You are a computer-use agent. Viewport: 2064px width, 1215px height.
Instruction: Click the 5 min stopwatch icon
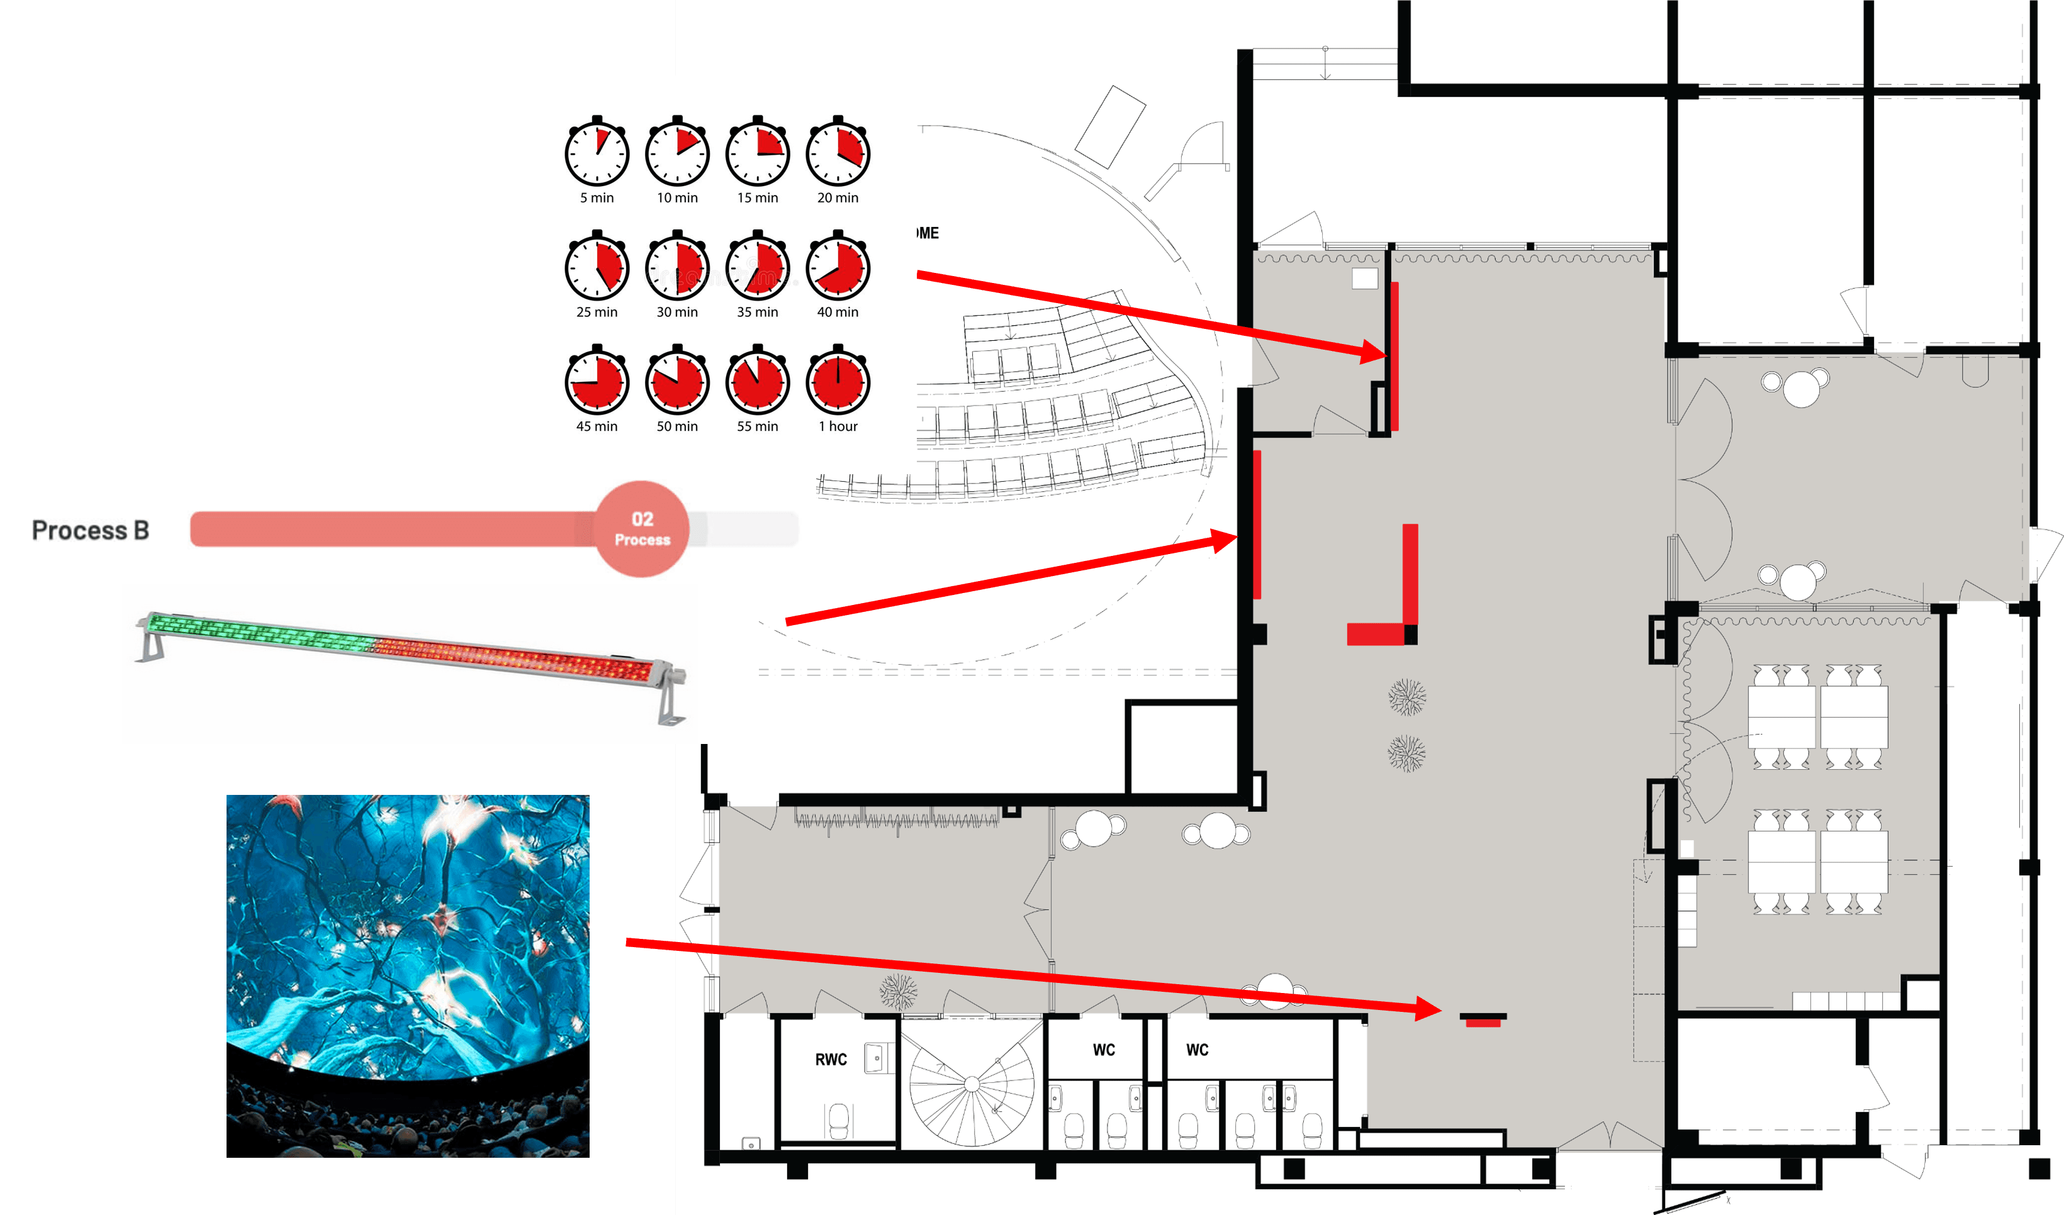point(597,153)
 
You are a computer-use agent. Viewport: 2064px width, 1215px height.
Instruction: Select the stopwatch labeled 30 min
point(676,268)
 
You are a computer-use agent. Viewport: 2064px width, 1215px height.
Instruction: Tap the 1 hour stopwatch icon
point(837,382)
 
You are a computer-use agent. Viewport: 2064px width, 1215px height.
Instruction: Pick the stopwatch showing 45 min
point(597,382)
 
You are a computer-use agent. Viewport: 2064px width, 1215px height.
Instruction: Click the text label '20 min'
point(837,198)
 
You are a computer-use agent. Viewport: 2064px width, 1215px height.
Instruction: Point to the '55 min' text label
point(757,426)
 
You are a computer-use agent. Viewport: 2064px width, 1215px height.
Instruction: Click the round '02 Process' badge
point(642,529)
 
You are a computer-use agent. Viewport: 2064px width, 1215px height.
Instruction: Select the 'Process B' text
point(90,531)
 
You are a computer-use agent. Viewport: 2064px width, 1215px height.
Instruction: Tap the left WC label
point(1103,1050)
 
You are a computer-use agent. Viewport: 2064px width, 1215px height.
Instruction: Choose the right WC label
point(1197,1050)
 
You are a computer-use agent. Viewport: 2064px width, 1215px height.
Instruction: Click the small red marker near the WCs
point(1483,1022)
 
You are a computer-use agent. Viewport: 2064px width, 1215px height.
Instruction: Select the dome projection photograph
point(407,975)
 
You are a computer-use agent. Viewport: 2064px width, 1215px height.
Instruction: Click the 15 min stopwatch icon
point(757,153)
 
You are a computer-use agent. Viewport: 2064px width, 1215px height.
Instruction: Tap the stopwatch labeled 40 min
point(837,268)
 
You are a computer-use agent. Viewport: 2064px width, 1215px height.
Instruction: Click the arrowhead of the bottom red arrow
point(1429,1009)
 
